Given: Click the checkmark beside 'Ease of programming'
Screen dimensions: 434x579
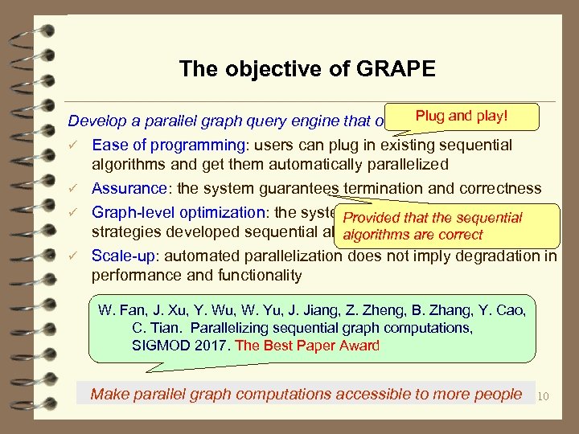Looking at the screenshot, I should point(74,145).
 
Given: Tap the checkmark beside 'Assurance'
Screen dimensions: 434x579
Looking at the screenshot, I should point(74,190).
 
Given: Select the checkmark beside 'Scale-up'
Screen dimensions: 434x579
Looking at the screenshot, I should point(74,257).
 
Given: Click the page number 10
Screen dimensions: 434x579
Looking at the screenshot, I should point(543,395).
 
